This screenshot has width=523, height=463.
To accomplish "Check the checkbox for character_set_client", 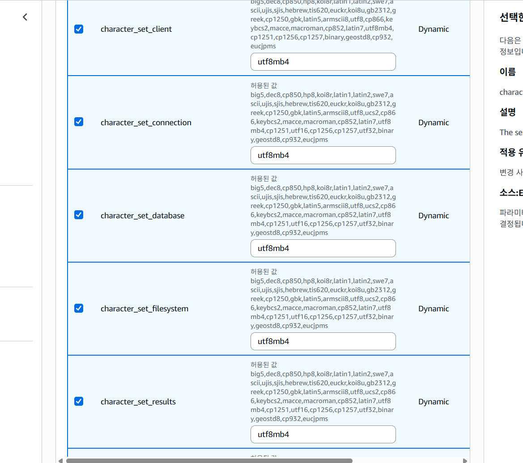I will [78, 29].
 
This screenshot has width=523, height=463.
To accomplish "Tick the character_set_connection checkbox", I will [78, 122].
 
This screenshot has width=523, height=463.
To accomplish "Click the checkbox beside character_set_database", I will [78, 215].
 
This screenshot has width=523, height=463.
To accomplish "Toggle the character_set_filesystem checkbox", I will [78, 308].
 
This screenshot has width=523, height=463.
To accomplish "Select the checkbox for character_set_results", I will [78, 401].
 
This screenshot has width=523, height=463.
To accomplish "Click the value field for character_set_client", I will [323, 62].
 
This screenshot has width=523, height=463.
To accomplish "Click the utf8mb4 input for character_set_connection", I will [323, 155].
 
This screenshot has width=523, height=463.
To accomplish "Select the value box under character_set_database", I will [323, 248].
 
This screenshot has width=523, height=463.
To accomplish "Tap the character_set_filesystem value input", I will [323, 341].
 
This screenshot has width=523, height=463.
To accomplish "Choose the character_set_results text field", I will [323, 434].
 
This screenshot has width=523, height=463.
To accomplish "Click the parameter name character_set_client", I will [136, 29].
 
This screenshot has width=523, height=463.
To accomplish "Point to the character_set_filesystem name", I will [144, 309].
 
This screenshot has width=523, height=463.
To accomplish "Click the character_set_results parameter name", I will [138, 402].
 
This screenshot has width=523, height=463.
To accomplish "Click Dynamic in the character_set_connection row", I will [433, 123].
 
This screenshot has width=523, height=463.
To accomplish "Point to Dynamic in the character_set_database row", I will [433, 216].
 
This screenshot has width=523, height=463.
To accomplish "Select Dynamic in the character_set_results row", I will [433, 402].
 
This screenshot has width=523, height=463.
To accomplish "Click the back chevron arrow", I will [25, 17].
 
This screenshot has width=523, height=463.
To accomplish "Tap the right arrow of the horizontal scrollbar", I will [465, 460].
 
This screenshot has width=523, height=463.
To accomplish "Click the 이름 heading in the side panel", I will [507, 72].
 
